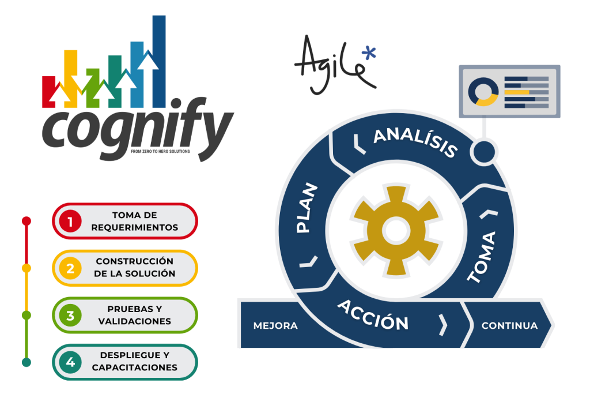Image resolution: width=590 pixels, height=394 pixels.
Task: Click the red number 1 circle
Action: [70, 221]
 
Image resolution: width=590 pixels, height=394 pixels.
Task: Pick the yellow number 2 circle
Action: [70, 268]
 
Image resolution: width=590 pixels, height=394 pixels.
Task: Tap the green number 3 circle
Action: [70, 316]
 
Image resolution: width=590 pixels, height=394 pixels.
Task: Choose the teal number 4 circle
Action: [70, 363]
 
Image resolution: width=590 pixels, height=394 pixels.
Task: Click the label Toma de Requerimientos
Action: [135, 221]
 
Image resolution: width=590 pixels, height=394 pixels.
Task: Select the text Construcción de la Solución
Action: [135, 268]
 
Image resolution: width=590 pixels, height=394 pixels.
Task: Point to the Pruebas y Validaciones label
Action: [135, 316]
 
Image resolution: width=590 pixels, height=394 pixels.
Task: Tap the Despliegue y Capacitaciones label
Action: [135, 363]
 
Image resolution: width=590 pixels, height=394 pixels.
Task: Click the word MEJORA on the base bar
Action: [275, 326]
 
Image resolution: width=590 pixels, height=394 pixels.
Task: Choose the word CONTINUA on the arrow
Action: [509, 326]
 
